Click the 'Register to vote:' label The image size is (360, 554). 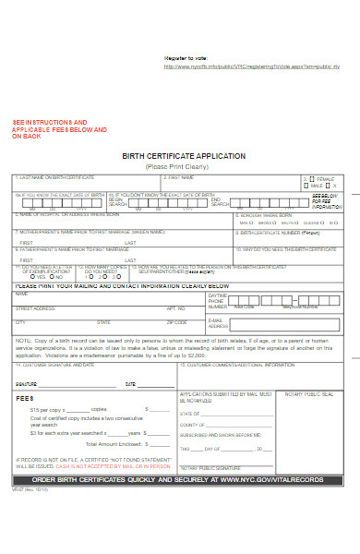pyautogui.click(x=187, y=58)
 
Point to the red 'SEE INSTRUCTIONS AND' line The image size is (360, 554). pyautogui.click(x=50, y=122)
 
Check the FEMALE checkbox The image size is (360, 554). pyautogui.click(x=312, y=178)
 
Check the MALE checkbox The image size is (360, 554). pyautogui.click(x=312, y=185)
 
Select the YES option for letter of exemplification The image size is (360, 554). pyautogui.click(x=32, y=276)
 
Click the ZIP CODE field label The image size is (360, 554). pyautogui.click(x=176, y=322)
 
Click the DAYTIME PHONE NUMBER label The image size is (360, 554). pyautogui.click(x=218, y=301)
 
